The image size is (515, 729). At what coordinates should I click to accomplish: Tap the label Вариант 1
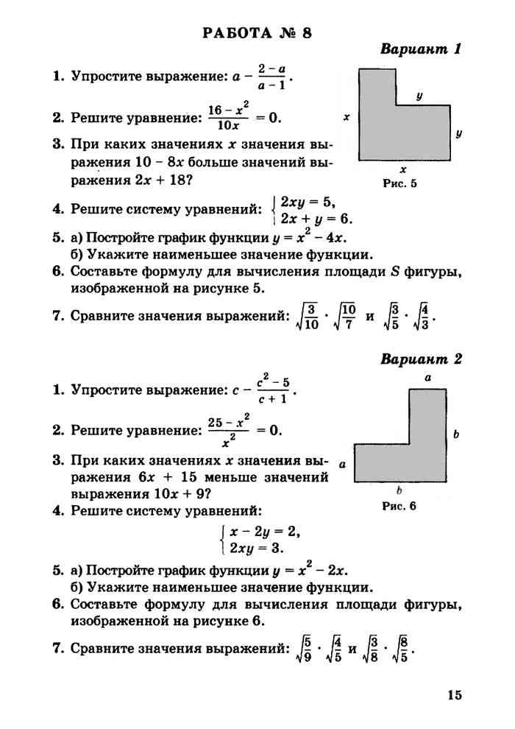[x=420, y=50]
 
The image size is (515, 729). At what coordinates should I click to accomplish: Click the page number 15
[x=453, y=694]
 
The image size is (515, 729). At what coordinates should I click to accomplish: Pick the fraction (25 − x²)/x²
[x=227, y=430]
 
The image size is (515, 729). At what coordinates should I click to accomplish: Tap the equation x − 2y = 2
[x=264, y=532]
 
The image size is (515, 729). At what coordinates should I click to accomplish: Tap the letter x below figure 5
[x=403, y=169]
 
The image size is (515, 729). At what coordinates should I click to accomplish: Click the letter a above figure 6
[x=427, y=378]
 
